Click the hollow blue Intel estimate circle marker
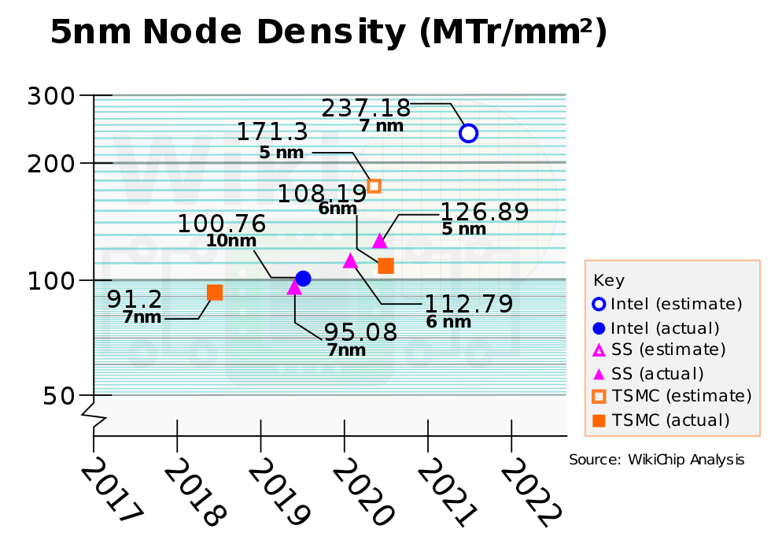(468, 133)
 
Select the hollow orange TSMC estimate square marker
(374, 186)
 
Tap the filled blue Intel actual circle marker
(303, 279)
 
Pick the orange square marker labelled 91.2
(215, 293)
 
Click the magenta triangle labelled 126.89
(379, 241)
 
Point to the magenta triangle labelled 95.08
(294, 287)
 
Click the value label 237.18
(367, 108)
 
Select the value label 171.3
(272, 131)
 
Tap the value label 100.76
(221, 224)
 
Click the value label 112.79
(469, 304)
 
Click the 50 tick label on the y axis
(59, 395)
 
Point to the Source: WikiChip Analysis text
(656, 460)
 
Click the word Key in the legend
(609, 280)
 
